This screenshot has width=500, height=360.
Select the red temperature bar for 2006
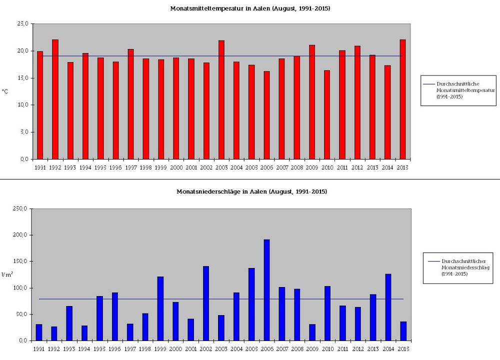(266, 115)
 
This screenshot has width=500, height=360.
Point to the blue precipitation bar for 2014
(388, 307)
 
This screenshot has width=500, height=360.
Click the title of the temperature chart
(250, 8)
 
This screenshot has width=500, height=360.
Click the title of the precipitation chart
(251, 191)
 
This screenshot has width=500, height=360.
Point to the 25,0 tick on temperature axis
(22, 23)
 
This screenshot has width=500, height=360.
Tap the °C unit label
(5, 91)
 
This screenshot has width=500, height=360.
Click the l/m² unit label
(6, 274)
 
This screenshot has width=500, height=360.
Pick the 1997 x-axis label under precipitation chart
(130, 349)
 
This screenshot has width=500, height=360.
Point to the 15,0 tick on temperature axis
(22, 78)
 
